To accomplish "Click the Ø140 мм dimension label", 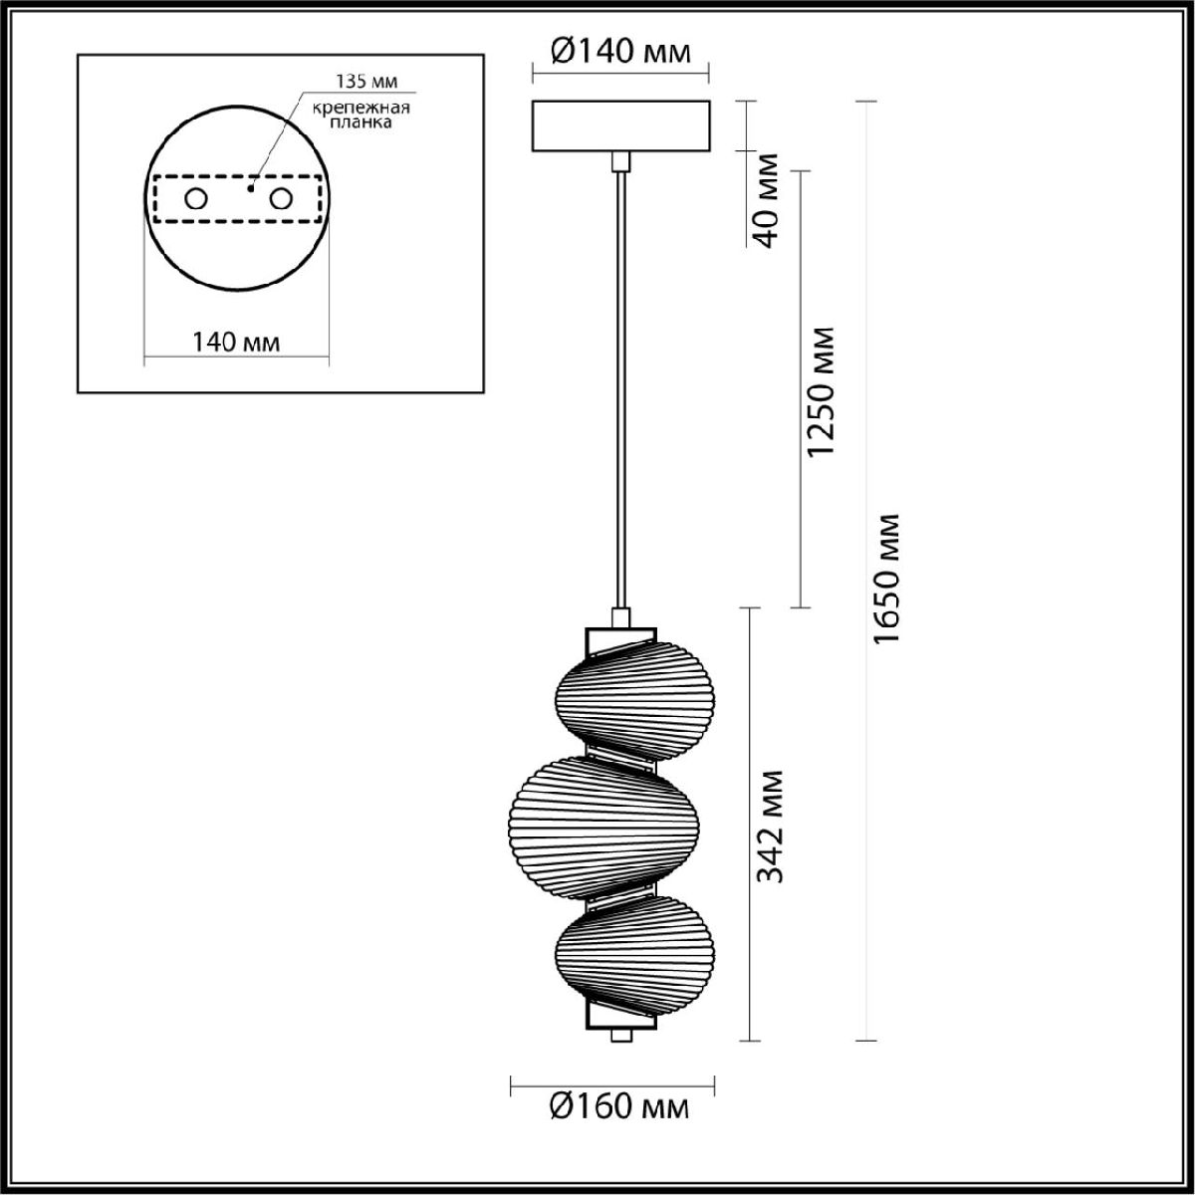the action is coord(620,52).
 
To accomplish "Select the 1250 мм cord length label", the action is coord(821,391).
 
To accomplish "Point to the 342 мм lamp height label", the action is coord(770,826).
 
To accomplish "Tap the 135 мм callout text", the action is coord(366,82).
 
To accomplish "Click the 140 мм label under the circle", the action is coord(236,342).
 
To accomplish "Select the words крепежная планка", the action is coord(360,115).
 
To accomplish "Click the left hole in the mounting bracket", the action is coord(196,199).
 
